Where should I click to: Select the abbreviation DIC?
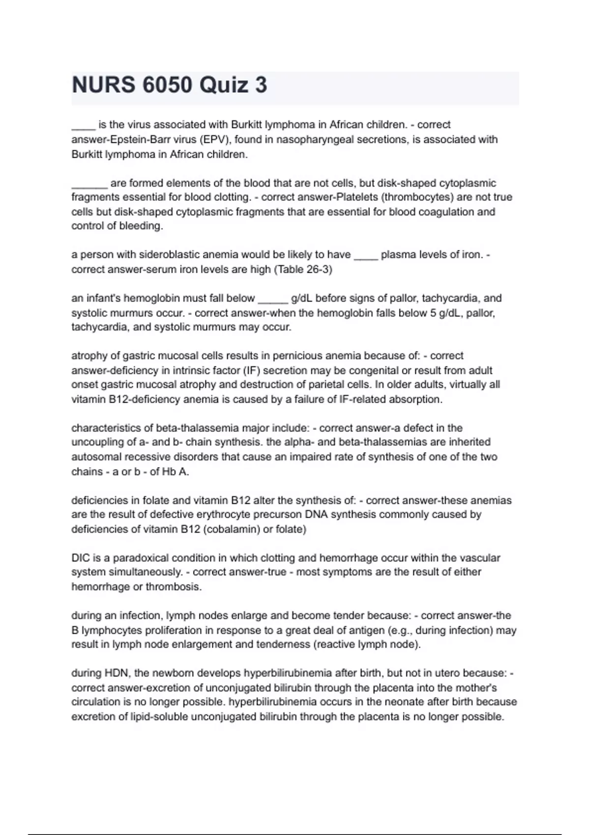click(x=81, y=558)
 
